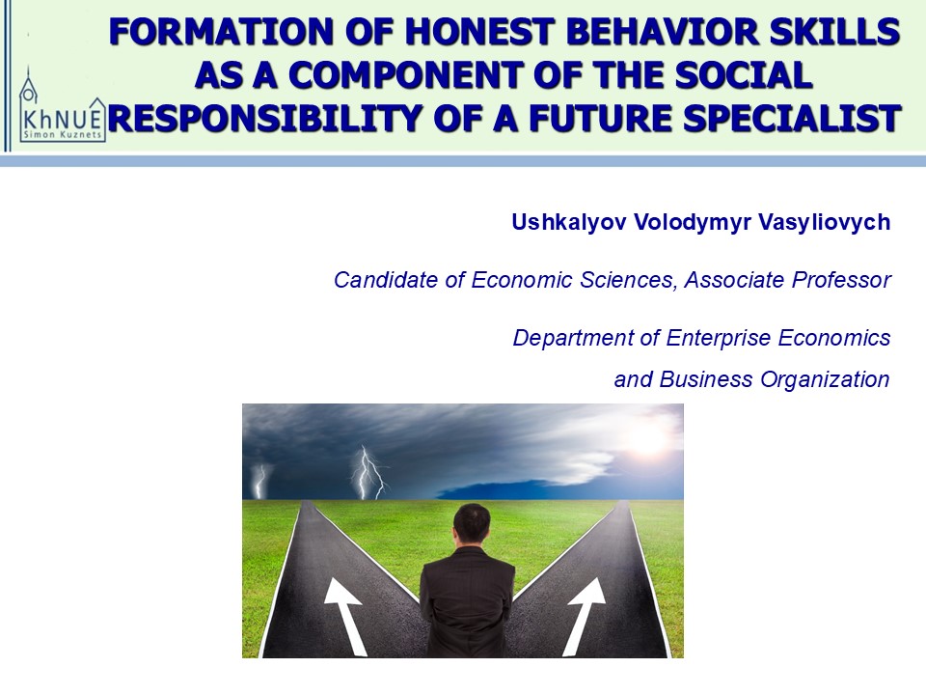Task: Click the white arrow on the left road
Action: [x=347, y=615]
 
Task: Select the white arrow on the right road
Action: [x=585, y=615]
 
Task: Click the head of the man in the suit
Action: [x=472, y=525]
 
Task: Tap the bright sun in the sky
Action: [x=649, y=436]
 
